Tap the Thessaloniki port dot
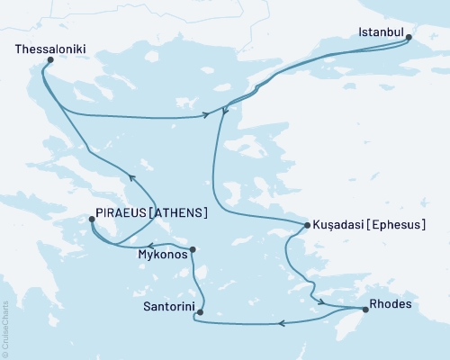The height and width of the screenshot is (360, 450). click(x=49, y=60)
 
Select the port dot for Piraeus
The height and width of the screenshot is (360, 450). click(x=92, y=219)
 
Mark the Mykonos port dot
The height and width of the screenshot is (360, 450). click(x=193, y=249)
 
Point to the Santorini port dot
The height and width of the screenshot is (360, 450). click(x=200, y=313)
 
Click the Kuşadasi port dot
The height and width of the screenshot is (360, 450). click(x=306, y=225)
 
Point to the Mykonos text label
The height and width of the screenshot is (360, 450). click(x=163, y=255)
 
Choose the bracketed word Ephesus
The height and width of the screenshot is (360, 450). click(x=396, y=225)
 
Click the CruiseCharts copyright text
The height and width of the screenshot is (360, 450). click(x=5, y=328)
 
